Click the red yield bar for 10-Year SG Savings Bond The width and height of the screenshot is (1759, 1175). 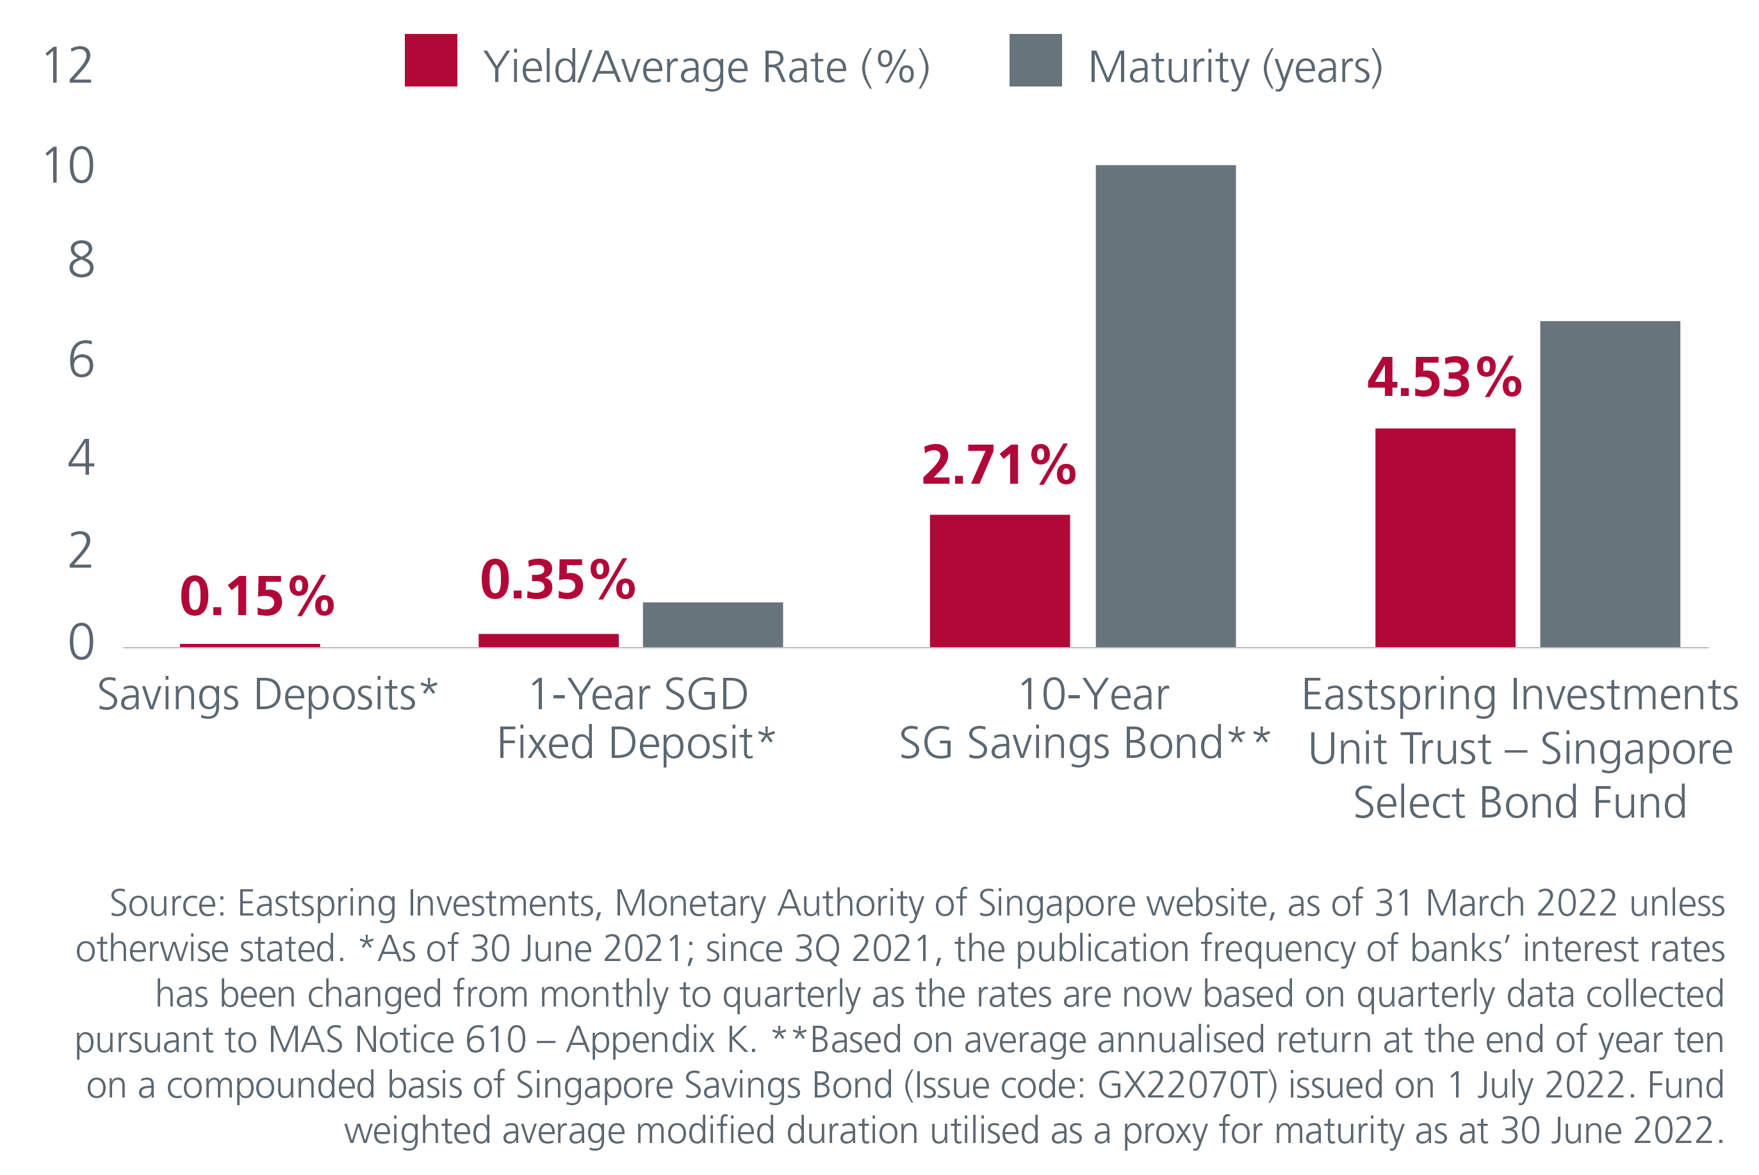point(999,580)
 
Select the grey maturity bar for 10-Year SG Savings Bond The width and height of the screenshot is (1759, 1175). point(1165,406)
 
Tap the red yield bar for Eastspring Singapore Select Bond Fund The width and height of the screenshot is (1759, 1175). point(1444,538)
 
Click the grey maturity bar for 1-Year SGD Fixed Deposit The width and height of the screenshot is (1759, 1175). point(712,624)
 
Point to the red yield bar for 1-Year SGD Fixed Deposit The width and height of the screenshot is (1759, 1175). point(548,640)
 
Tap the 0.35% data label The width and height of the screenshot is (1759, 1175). point(557,579)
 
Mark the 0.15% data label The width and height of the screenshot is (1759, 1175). point(256,596)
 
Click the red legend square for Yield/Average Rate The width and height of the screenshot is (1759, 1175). point(430,60)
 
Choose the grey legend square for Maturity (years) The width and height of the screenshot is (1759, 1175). point(1035,60)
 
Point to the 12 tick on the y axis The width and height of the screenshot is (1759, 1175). point(68,66)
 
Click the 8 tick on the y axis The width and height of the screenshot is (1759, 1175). point(81,261)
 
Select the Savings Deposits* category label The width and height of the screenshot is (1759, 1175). point(266,694)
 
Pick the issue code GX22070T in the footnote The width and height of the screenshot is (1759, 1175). point(1186,1085)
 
